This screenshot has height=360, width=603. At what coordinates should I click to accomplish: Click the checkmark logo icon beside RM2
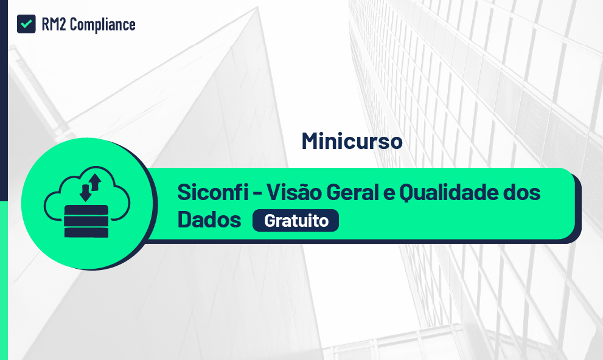pos(26,24)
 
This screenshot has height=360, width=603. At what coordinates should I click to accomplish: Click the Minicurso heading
pos(352,141)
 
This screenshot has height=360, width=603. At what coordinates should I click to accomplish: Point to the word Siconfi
pos(212,193)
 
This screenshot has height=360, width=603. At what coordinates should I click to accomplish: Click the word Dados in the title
pos(209,220)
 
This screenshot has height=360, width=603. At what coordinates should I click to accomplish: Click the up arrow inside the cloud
pos(94,181)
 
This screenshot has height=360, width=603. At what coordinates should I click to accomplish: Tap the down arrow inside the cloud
pos(85,192)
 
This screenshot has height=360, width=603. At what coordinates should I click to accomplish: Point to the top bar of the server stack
pos(86,210)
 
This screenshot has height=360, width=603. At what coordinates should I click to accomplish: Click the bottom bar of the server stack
pos(86,232)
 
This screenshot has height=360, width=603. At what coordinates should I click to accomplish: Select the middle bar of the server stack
pos(86,221)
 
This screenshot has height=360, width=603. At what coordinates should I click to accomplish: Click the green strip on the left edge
pos(4,280)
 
